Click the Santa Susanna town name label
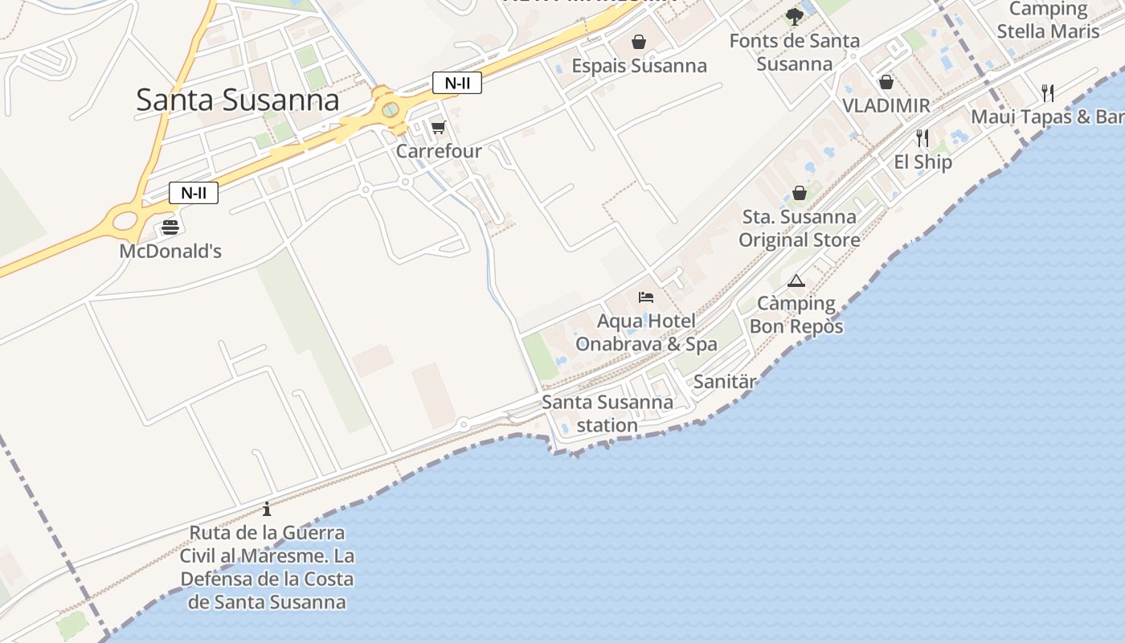(x=237, y=100)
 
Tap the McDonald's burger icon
(x=170, y=227)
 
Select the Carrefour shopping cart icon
(x=438, y=127)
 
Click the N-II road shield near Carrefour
(x=456, y=83)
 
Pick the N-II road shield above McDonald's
(x=193, y=193)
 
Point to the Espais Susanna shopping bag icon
(x=639, y=41)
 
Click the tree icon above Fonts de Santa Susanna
(x=795, y=16)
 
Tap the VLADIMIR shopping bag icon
(x=886, y=82)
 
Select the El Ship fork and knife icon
(x=922, y=138)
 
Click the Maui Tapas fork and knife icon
(x=1047, y=92)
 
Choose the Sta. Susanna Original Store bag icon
(x=800, y=193)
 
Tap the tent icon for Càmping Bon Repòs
(x=796, y=281)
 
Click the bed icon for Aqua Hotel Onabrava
(x=646, y=297)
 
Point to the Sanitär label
(x=724, y=382)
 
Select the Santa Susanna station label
(x=607, y=413)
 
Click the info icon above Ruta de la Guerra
(x=267, y=509)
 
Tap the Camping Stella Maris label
(x=1048, y=20)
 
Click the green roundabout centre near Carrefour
(x=390, y=109)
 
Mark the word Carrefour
(x=439, y=151)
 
